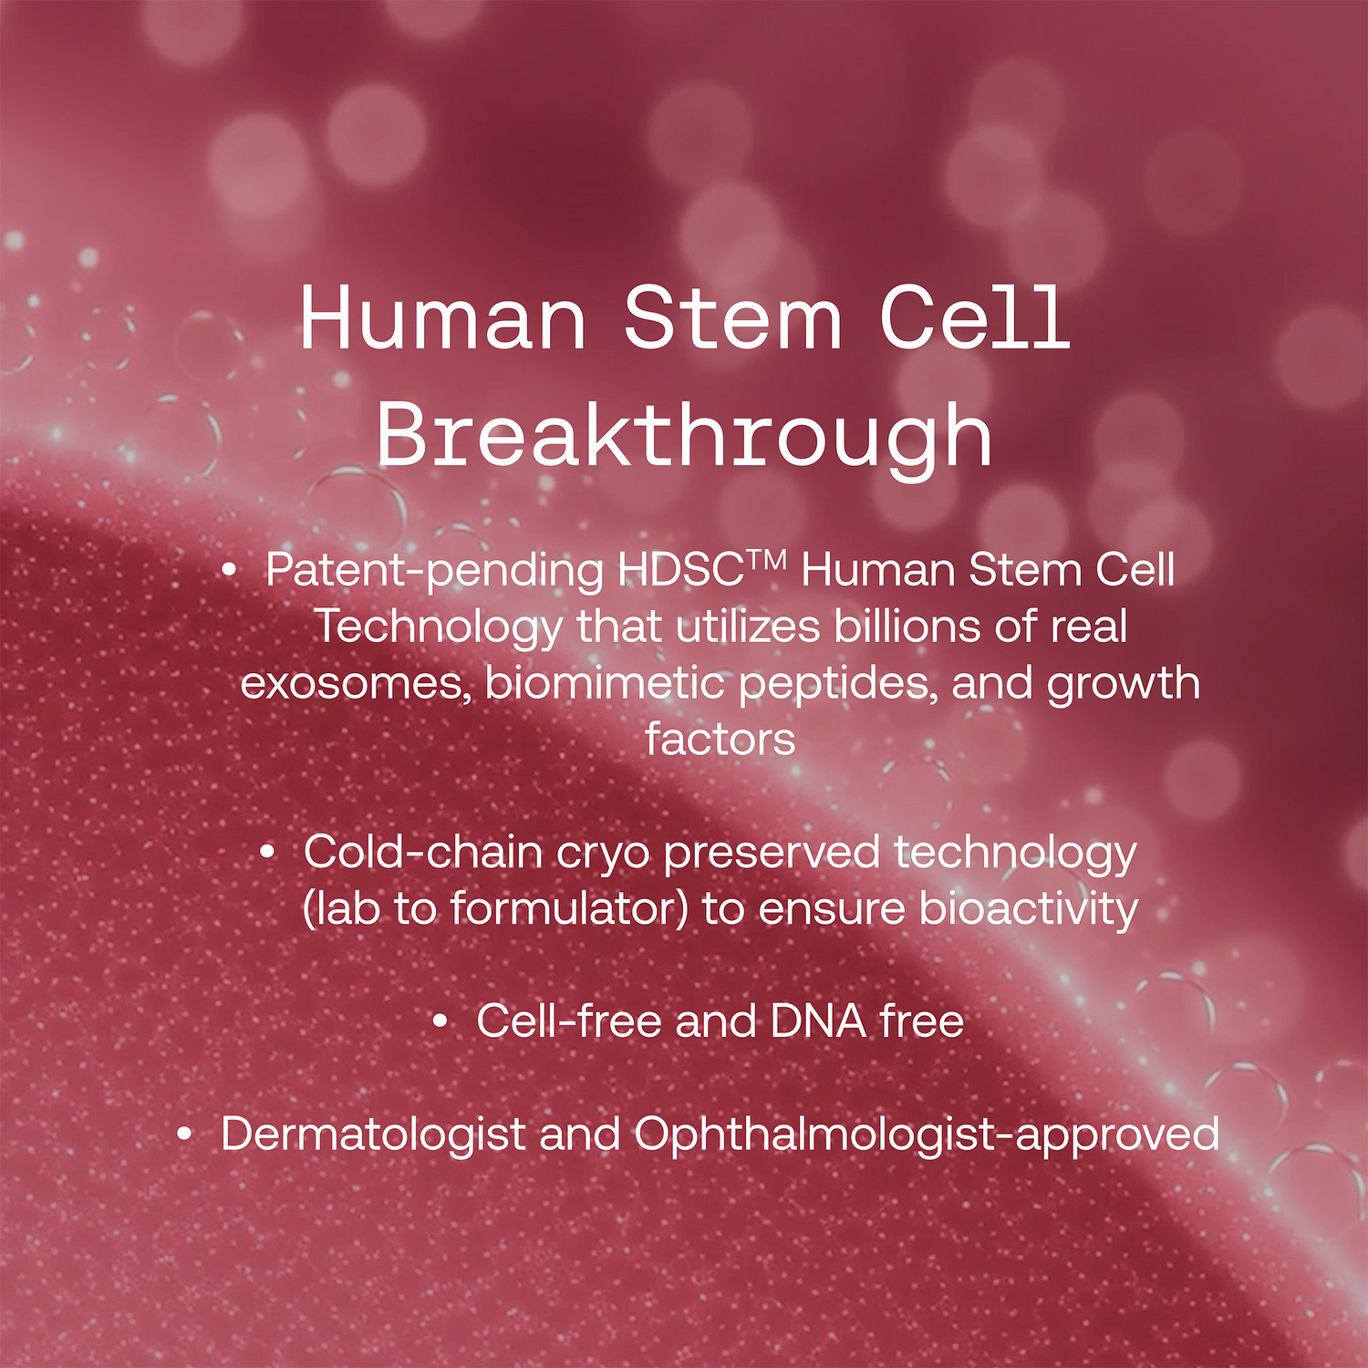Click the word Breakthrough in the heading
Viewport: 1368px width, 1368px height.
(684, 436)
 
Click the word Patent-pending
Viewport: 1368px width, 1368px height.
(434, 571)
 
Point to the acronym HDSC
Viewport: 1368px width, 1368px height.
(680, 571)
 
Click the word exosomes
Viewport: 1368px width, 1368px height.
(356, 683)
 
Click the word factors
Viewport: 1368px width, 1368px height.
(720, 740)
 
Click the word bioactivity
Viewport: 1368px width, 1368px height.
(1029, 909)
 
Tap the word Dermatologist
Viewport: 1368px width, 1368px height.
(373, 1135)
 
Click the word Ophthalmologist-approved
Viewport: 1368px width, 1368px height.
(927, 1135)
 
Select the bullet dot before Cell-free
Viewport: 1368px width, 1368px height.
(440, 1022)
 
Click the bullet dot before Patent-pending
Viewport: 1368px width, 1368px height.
(230, 572)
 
